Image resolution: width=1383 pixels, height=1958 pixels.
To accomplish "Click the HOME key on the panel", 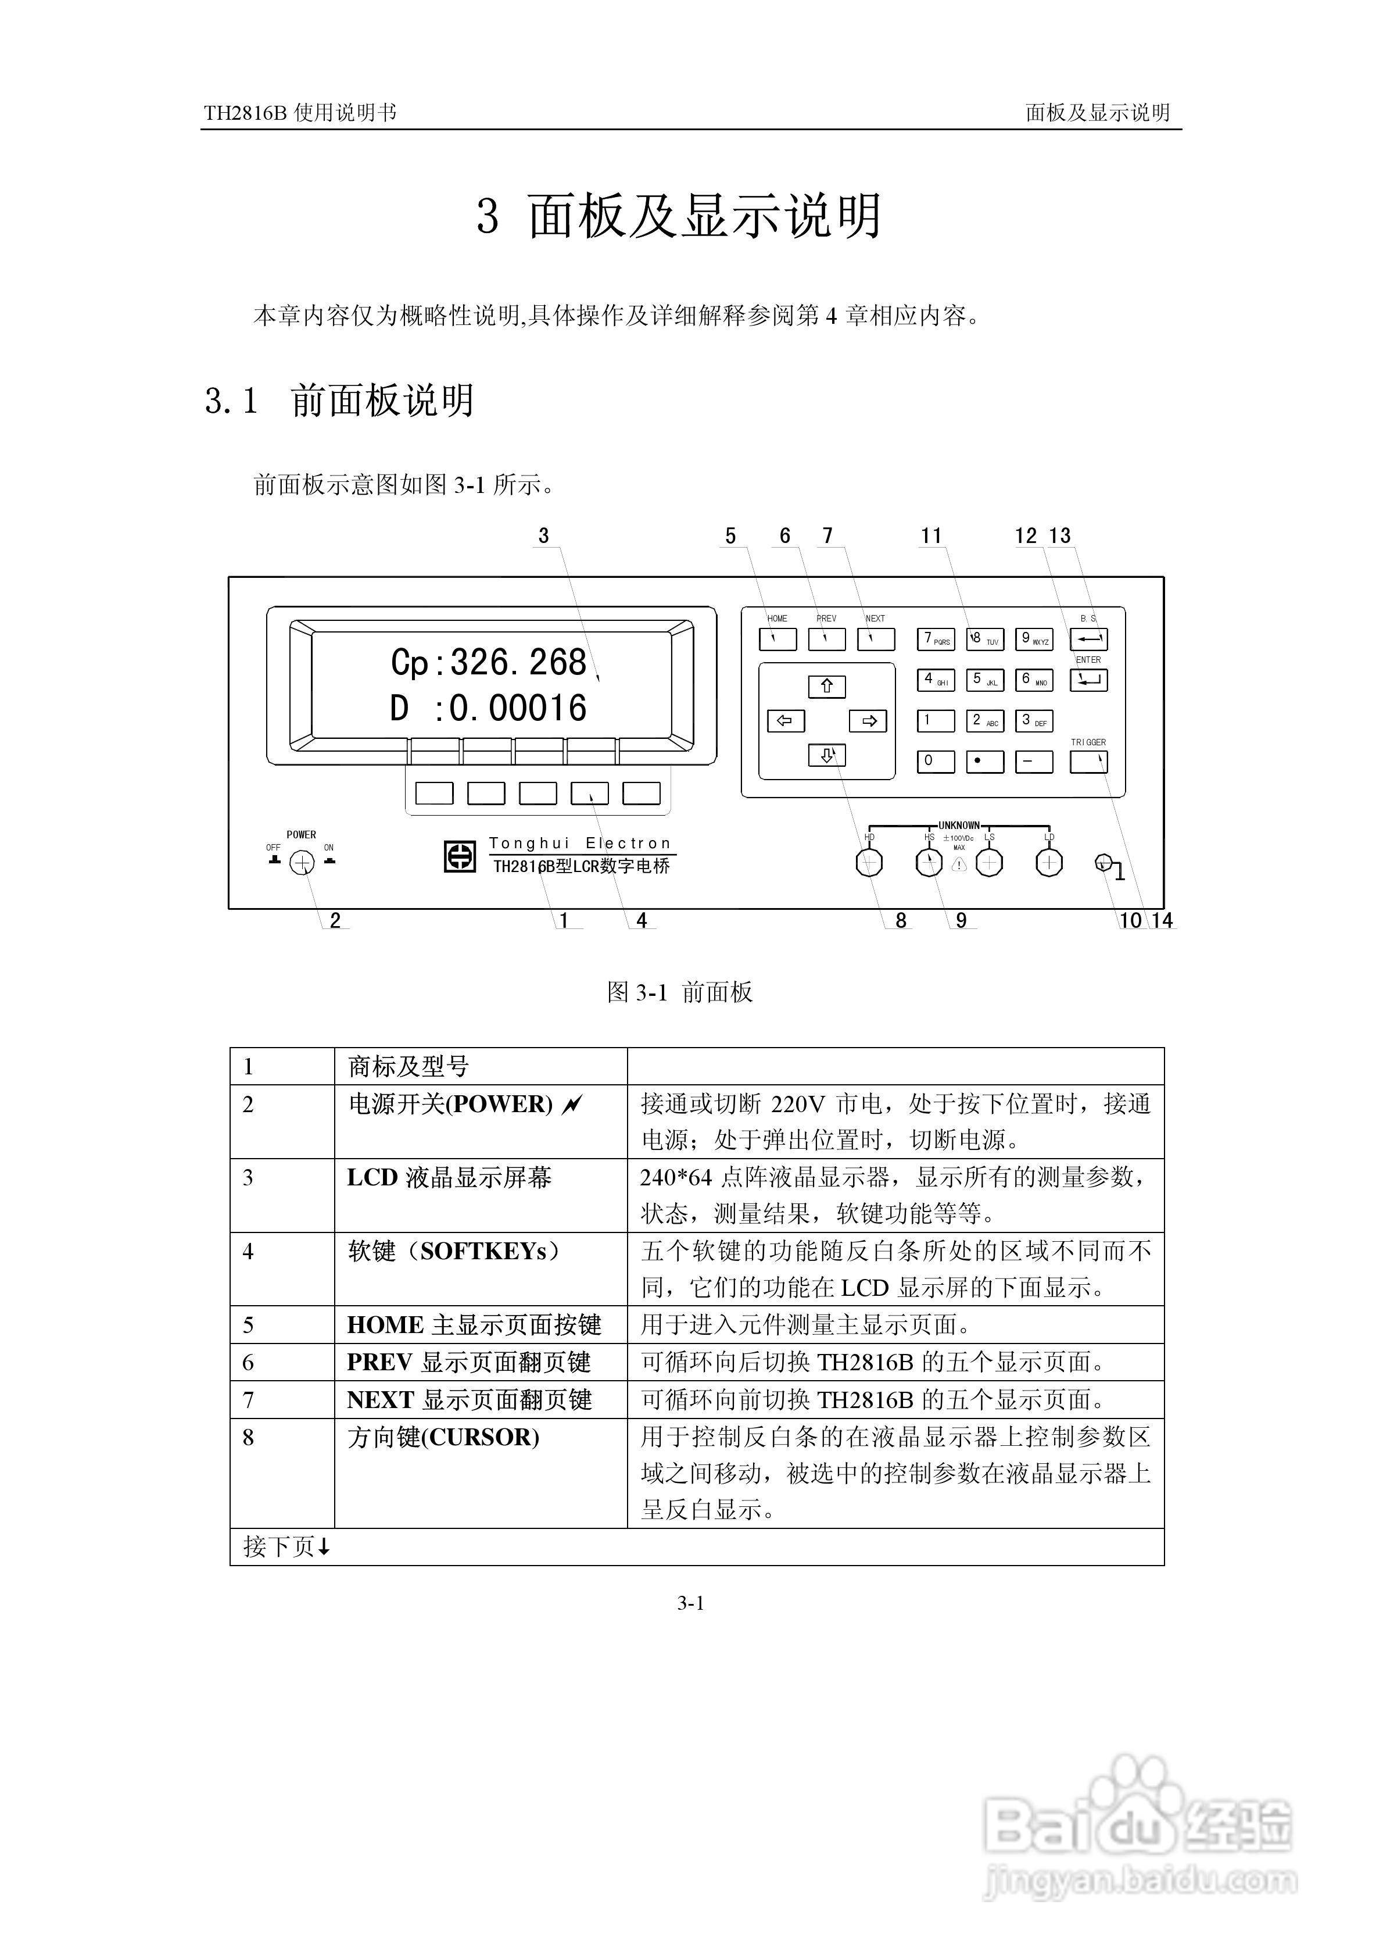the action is (777, 639).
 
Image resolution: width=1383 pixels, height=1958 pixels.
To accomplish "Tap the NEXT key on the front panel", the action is (876, 639).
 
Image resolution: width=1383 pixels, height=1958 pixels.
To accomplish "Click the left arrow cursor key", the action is (785, 721).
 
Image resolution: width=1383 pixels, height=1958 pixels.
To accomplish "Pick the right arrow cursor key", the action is (868, 721).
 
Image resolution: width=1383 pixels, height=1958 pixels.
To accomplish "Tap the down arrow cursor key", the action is (826, 755).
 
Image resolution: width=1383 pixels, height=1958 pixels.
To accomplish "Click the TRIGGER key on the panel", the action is (1089, 762).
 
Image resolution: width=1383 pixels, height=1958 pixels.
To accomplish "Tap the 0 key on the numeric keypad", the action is (936, 762).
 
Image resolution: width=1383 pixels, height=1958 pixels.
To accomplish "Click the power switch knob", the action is (302, 864).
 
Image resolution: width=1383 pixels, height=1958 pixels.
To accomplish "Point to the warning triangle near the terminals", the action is (959, 864).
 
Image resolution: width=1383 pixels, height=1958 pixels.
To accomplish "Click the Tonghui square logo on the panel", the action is (460, 857).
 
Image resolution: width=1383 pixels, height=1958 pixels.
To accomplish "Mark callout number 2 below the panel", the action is (335, 921).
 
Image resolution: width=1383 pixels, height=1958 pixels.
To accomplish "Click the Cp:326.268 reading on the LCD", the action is (489, 663).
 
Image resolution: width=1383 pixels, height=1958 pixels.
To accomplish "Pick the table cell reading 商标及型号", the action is (409, 1067).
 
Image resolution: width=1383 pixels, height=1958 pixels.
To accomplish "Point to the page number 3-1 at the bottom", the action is (691, 1603).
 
